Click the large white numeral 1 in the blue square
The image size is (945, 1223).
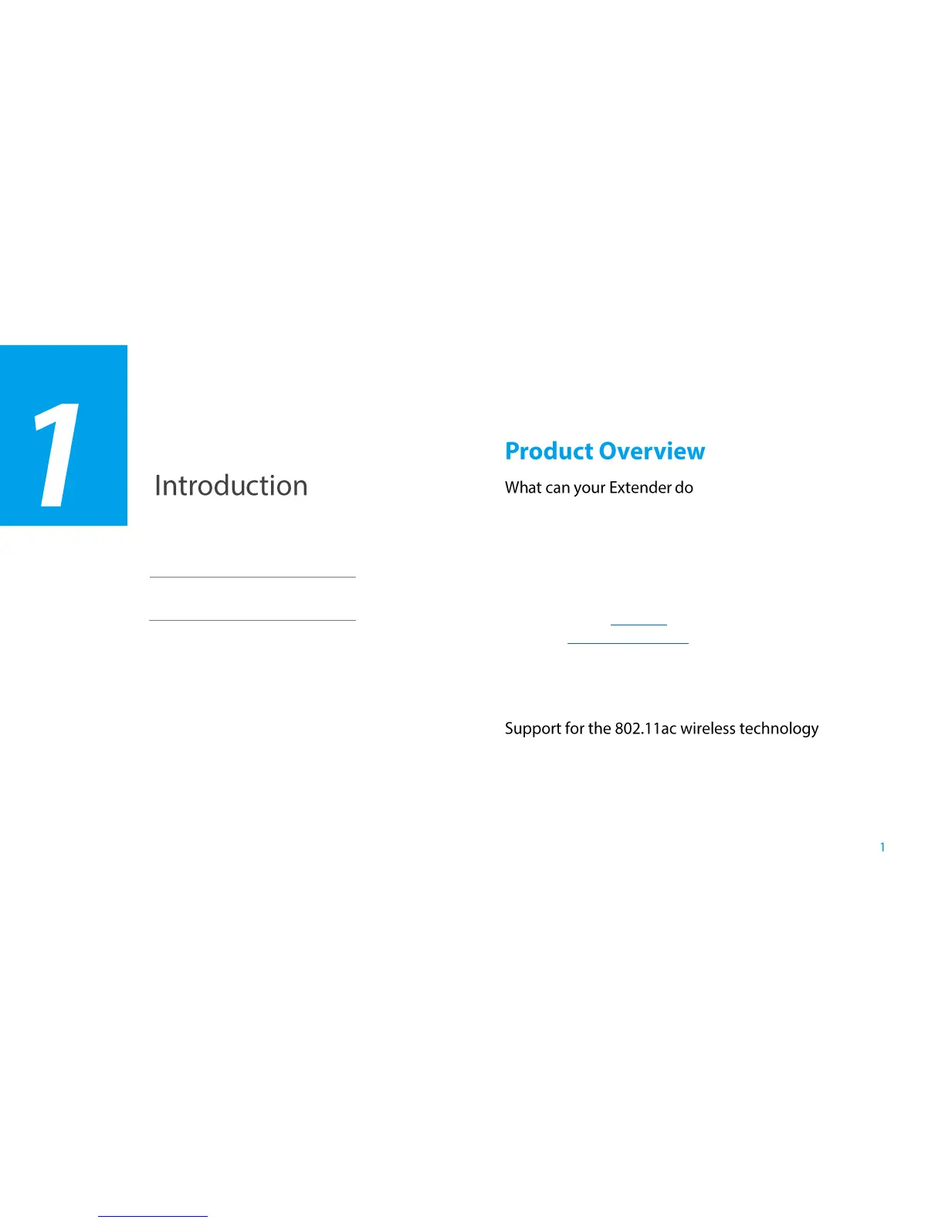tap(56, 455)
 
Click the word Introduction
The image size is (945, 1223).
tap(231, 485)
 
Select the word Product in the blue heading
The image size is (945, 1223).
tap(549, 451)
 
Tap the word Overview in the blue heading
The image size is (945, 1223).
tap(651, 451)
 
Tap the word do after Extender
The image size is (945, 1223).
tap(684, 487)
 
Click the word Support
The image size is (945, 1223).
tap(533, 729)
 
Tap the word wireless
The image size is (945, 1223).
tap(708, 728)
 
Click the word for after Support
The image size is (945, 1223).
tap(574, 728)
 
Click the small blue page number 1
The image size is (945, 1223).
tap(882, 847)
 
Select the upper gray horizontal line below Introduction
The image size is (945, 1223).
tap(252, 577)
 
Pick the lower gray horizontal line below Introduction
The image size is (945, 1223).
tap(252, 620)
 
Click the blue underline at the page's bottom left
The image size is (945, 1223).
tap(153, 1216)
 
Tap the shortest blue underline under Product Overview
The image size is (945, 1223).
tap(638, 625)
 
